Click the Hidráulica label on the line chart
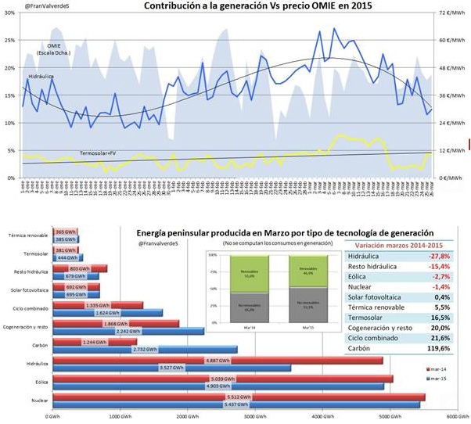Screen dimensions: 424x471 coord(41,77)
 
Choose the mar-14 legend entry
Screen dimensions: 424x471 coord(437,366)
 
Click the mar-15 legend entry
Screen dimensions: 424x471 coord(437,378)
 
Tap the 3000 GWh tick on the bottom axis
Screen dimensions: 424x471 coord(253,416)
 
